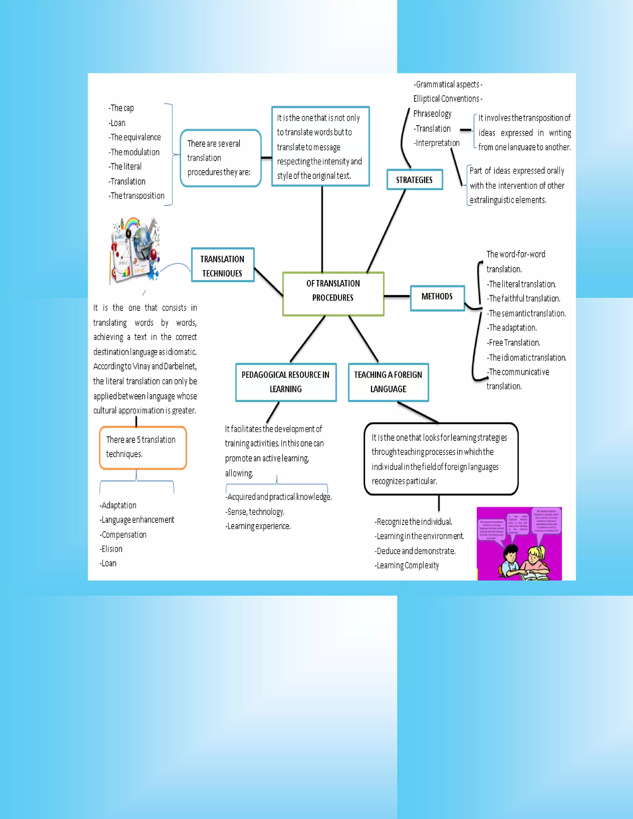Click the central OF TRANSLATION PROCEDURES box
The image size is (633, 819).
pos(333,294)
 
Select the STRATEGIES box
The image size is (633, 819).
pos(414,180)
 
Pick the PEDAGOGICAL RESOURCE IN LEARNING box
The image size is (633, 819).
pos(286,382)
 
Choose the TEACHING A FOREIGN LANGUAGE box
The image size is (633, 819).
pos(388,382)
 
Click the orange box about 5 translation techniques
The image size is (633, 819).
pos(143,448)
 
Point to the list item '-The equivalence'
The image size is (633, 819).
pos(135,137)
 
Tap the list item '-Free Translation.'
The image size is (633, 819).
pos(513,342)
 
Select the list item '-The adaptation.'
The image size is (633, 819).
pos(512,328)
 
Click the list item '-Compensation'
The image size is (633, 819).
pos(123,534)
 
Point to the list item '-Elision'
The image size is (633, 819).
pos(111,549)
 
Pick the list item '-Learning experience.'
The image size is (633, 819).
pos(258,526)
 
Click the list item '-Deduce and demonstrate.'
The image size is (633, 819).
pos(415,551)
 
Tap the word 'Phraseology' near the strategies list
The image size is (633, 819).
pos(432,114)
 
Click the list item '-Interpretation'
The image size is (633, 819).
pos(437,143)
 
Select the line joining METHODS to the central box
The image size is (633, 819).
pos(397,296)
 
